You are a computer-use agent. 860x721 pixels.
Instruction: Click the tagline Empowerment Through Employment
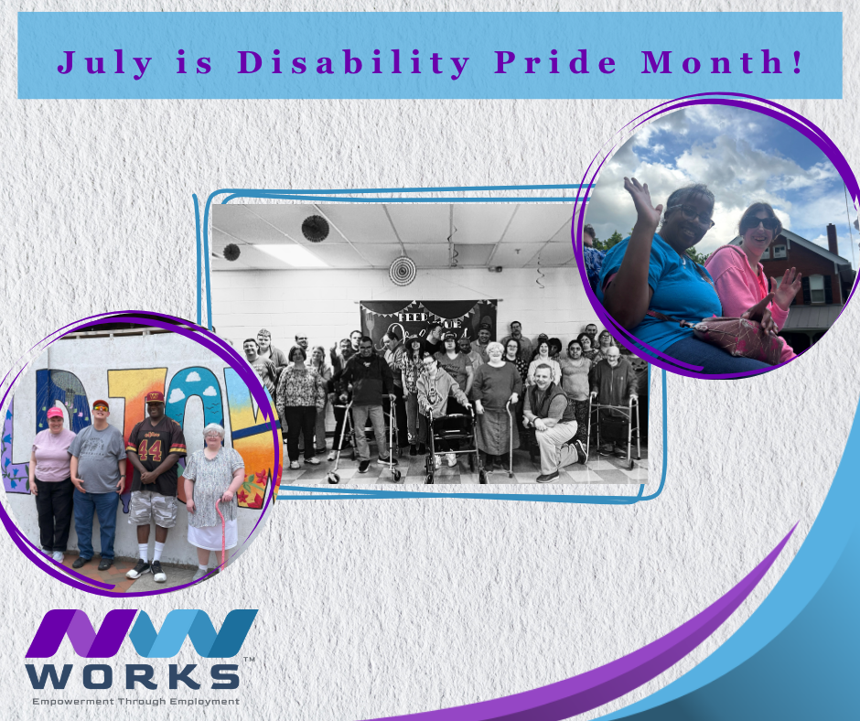point(135,702)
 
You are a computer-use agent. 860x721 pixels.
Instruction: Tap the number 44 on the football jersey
point(151,450)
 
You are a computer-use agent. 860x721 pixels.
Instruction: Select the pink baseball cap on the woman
point(55,413)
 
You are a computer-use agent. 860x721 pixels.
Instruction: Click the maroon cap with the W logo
point(155,397)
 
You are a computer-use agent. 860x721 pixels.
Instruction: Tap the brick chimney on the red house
point(832,240)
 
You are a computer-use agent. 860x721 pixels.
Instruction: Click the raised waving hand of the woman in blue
point(643,201)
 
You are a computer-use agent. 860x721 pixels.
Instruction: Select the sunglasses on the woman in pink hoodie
point(760,222)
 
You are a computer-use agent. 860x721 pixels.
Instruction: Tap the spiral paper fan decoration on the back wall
point(402,270)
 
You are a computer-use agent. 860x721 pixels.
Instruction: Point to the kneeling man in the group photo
point(553,419)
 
